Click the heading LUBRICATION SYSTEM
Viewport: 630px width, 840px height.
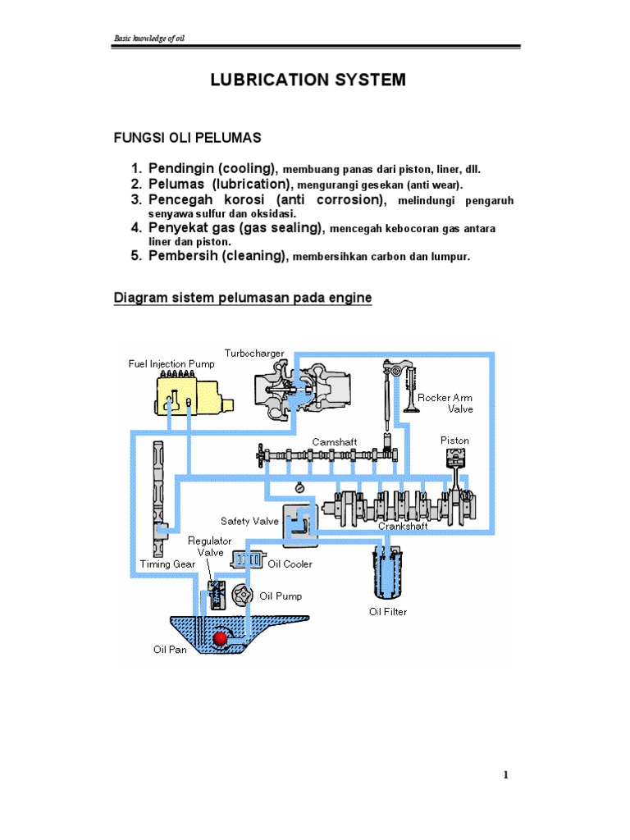tap(308, 80)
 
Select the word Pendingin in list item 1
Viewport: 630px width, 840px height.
tap(181, 168)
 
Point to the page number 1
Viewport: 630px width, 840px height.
tap(506, 774)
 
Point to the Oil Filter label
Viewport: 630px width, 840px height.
tap(387, 611)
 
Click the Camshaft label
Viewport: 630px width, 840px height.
tap(331, 442)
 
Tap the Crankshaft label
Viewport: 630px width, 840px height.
tap(403, 527)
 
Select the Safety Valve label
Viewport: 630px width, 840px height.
tap(249, 520)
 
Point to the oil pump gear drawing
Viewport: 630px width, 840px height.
tap(244, 596)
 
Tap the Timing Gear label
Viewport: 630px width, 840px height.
tap(167, 564)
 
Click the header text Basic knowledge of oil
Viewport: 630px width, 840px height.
tap(154, 43)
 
